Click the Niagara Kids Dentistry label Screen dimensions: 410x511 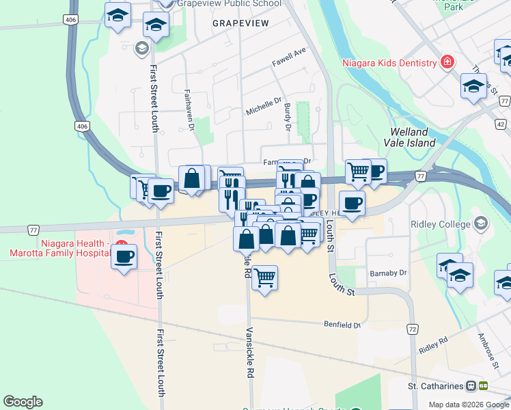click(389, 64)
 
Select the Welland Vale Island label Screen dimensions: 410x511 click(413, 137)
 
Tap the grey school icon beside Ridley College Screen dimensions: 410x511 click(481, 223)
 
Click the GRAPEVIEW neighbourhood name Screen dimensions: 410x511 click(240, 23)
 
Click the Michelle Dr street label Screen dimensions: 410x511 click(264, 107)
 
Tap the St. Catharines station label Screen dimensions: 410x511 click(437, 386)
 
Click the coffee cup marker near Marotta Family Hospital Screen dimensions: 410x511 click(124, 257)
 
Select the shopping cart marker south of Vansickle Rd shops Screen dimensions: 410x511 click(264, 278)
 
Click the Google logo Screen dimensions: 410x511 click(23, 402)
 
